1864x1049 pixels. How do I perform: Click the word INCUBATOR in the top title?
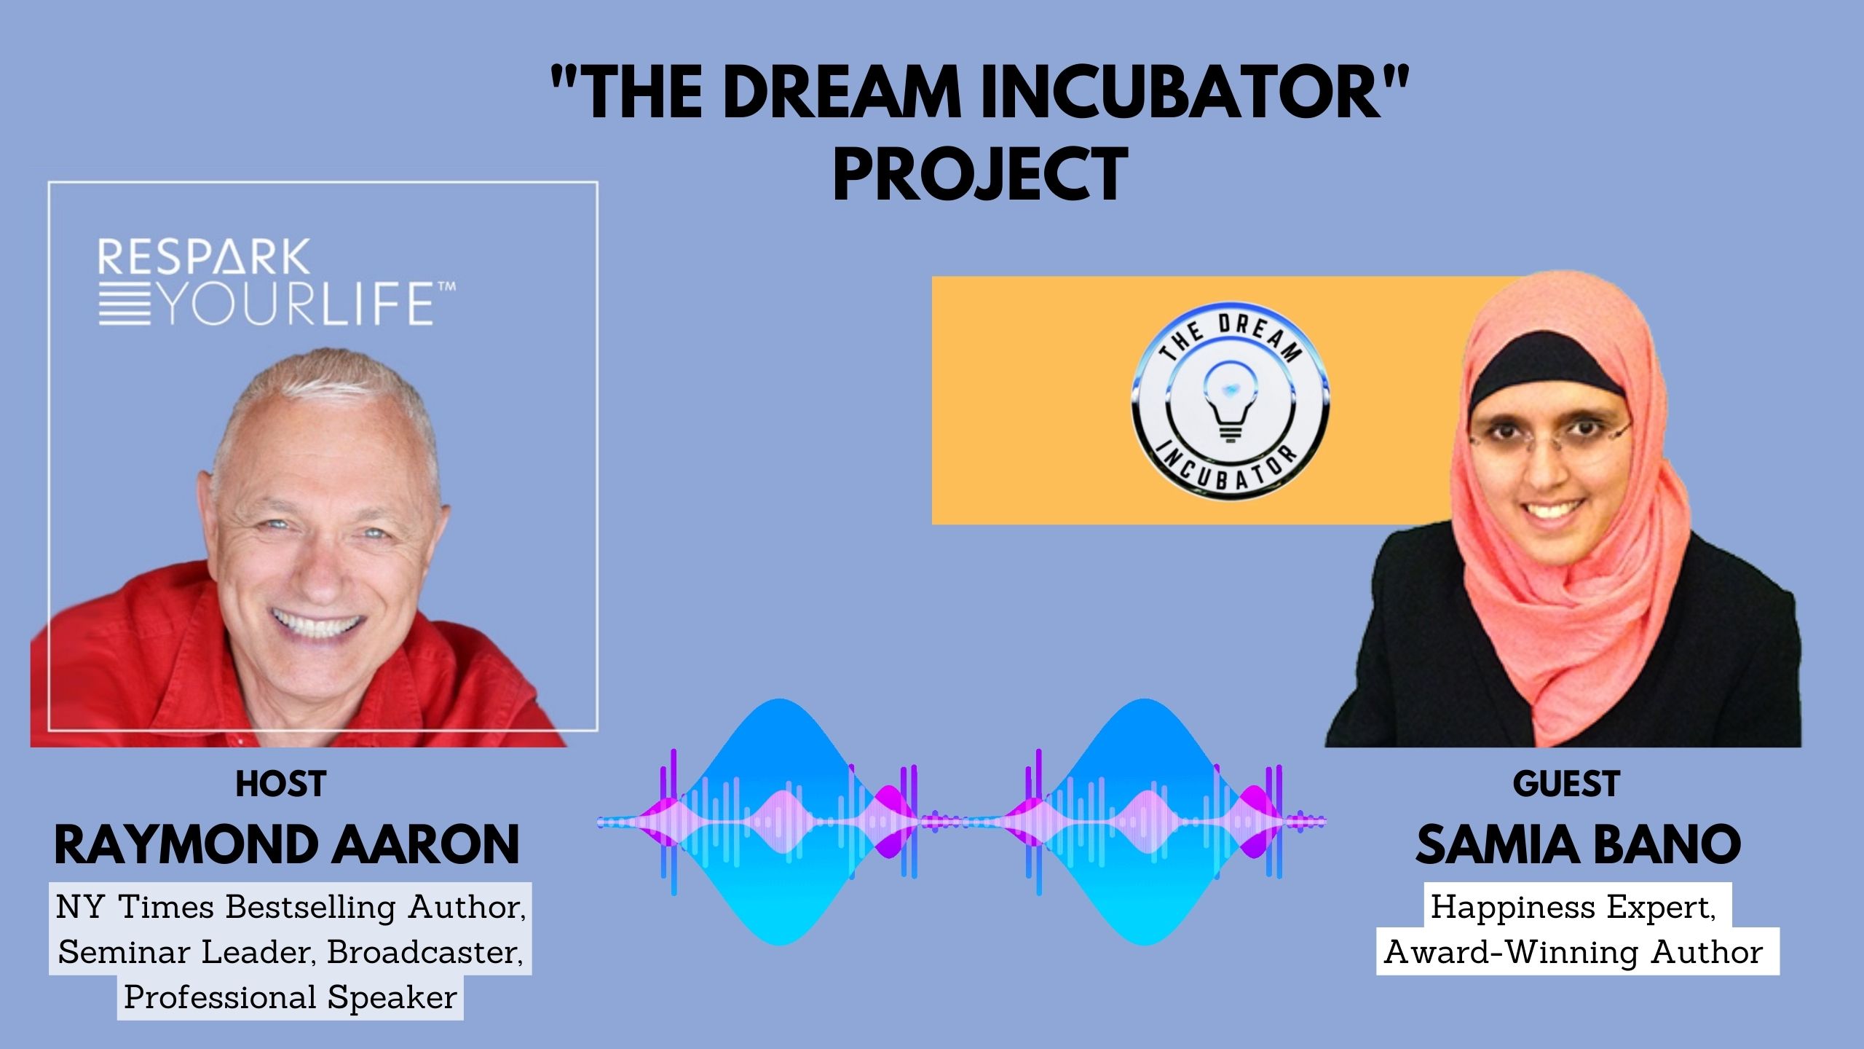[1181, 93]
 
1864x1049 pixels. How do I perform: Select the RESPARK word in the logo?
[204, 256]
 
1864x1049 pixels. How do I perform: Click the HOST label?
[280, 784]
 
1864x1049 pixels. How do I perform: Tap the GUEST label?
[1565, 784]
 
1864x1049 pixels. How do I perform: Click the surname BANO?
[1667, 845]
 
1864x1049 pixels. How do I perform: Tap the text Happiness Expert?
[1573, 908]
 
